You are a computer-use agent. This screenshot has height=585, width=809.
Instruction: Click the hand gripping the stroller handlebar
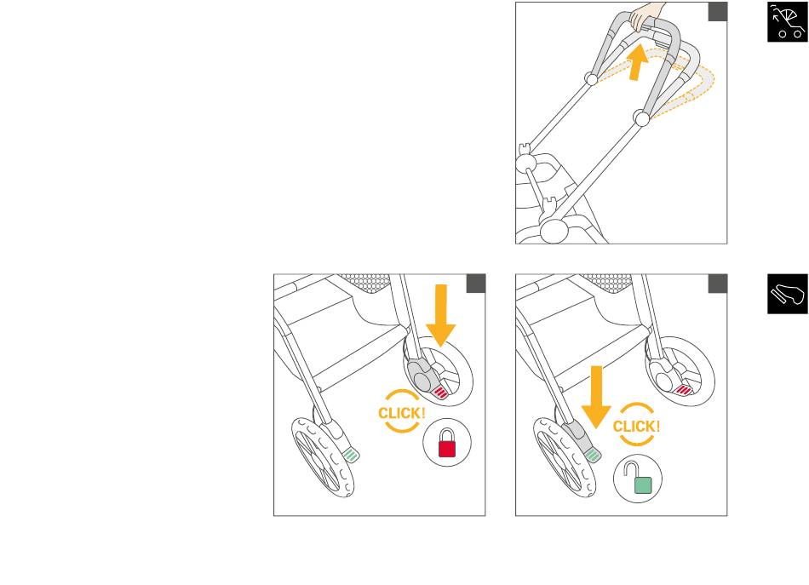[x=645, y=15]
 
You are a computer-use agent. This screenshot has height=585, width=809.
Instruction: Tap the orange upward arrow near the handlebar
[x=638, y=62]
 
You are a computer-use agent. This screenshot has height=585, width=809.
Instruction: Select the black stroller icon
[x=788, y=21]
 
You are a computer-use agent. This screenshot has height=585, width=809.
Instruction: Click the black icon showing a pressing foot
[x=788, y=294]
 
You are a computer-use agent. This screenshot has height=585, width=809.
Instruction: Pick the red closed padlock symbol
[x=447, y=443]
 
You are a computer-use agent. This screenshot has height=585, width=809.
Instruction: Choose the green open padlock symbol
[x=639, y=479]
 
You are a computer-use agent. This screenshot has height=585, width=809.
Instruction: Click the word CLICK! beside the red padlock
[x=401, y=413]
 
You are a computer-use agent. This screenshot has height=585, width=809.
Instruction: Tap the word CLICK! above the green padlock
[x=636, y=426]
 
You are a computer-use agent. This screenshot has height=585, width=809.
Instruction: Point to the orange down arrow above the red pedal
[x=440, y=315]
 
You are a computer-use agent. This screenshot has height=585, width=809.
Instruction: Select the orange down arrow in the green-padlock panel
[x=596, y=397]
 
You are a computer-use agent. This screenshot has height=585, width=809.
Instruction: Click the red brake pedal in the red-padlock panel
[x=440, y=393]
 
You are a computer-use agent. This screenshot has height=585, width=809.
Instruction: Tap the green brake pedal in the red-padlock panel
[x=351, y=455]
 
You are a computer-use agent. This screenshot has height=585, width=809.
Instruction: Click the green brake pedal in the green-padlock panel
[x=593, y=455]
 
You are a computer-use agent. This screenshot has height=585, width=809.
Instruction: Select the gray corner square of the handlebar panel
[x=718, y=12]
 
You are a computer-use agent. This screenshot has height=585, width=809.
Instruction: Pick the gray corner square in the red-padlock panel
[x=476, y=284]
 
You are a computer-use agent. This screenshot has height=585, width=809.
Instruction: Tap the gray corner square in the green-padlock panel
[x=718, y=284]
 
